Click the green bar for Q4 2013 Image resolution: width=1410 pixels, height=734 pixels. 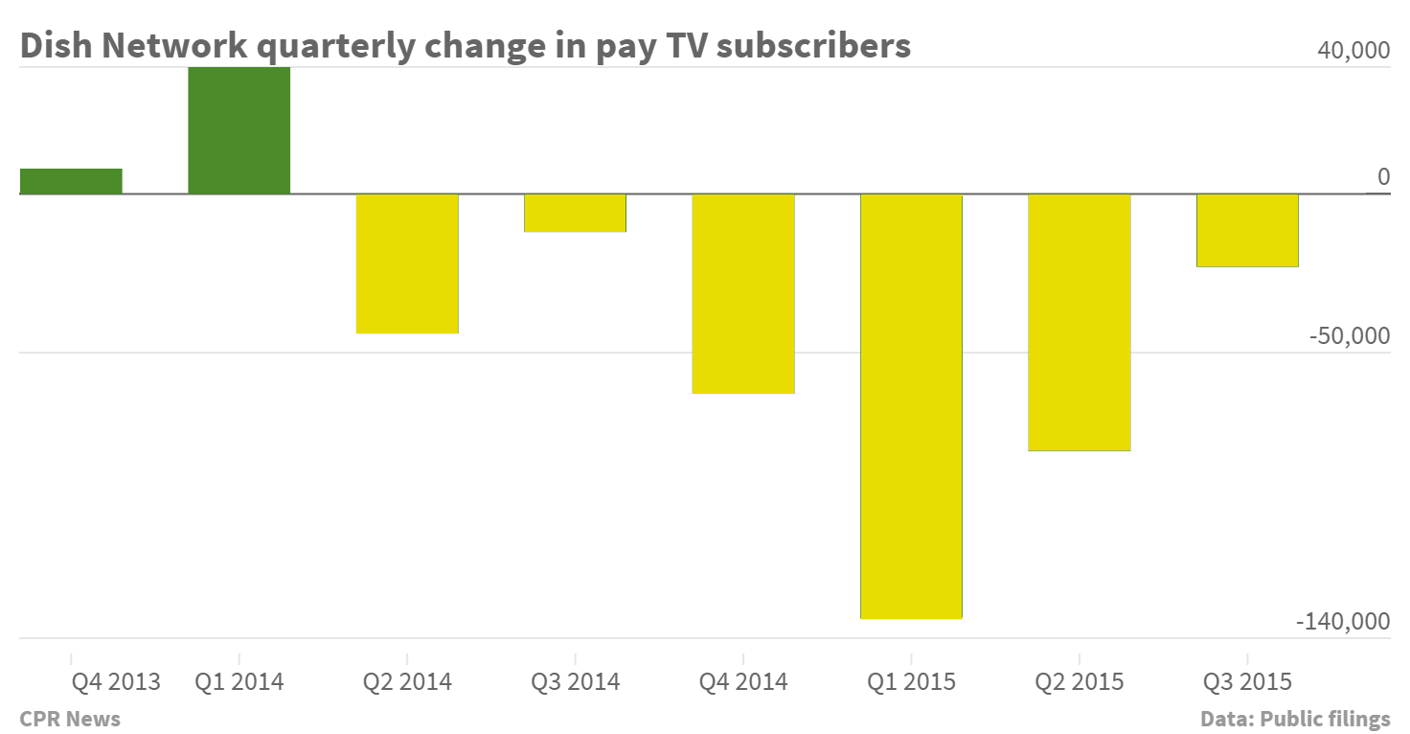[71, 181]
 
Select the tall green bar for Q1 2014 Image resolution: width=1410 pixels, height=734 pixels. [239, 130]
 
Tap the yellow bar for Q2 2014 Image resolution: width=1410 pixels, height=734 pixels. [407, 264]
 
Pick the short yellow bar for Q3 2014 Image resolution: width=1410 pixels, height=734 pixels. [575, 213]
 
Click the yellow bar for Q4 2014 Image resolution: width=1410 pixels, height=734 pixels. [743, 293]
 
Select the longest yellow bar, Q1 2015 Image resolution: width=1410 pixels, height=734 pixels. [911, 405]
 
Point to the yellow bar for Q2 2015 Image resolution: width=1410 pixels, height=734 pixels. [1080, 322]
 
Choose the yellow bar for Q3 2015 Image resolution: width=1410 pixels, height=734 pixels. [1247, 230]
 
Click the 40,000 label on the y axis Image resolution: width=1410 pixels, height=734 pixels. [1353, 52]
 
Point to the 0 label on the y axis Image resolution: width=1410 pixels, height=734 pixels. [1382, 177]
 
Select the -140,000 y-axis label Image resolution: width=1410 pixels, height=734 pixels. [1343, 622]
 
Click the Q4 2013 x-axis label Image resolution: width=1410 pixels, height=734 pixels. [117, 682]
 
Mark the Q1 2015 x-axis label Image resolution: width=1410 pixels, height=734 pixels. [911, 682]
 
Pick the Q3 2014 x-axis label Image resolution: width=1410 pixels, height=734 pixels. [575, 682]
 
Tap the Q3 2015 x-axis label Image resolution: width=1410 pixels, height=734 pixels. [1247, 682]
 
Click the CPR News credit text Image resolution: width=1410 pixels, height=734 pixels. [70, 719]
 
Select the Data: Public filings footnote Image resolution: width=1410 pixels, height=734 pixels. [1295, 719]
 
